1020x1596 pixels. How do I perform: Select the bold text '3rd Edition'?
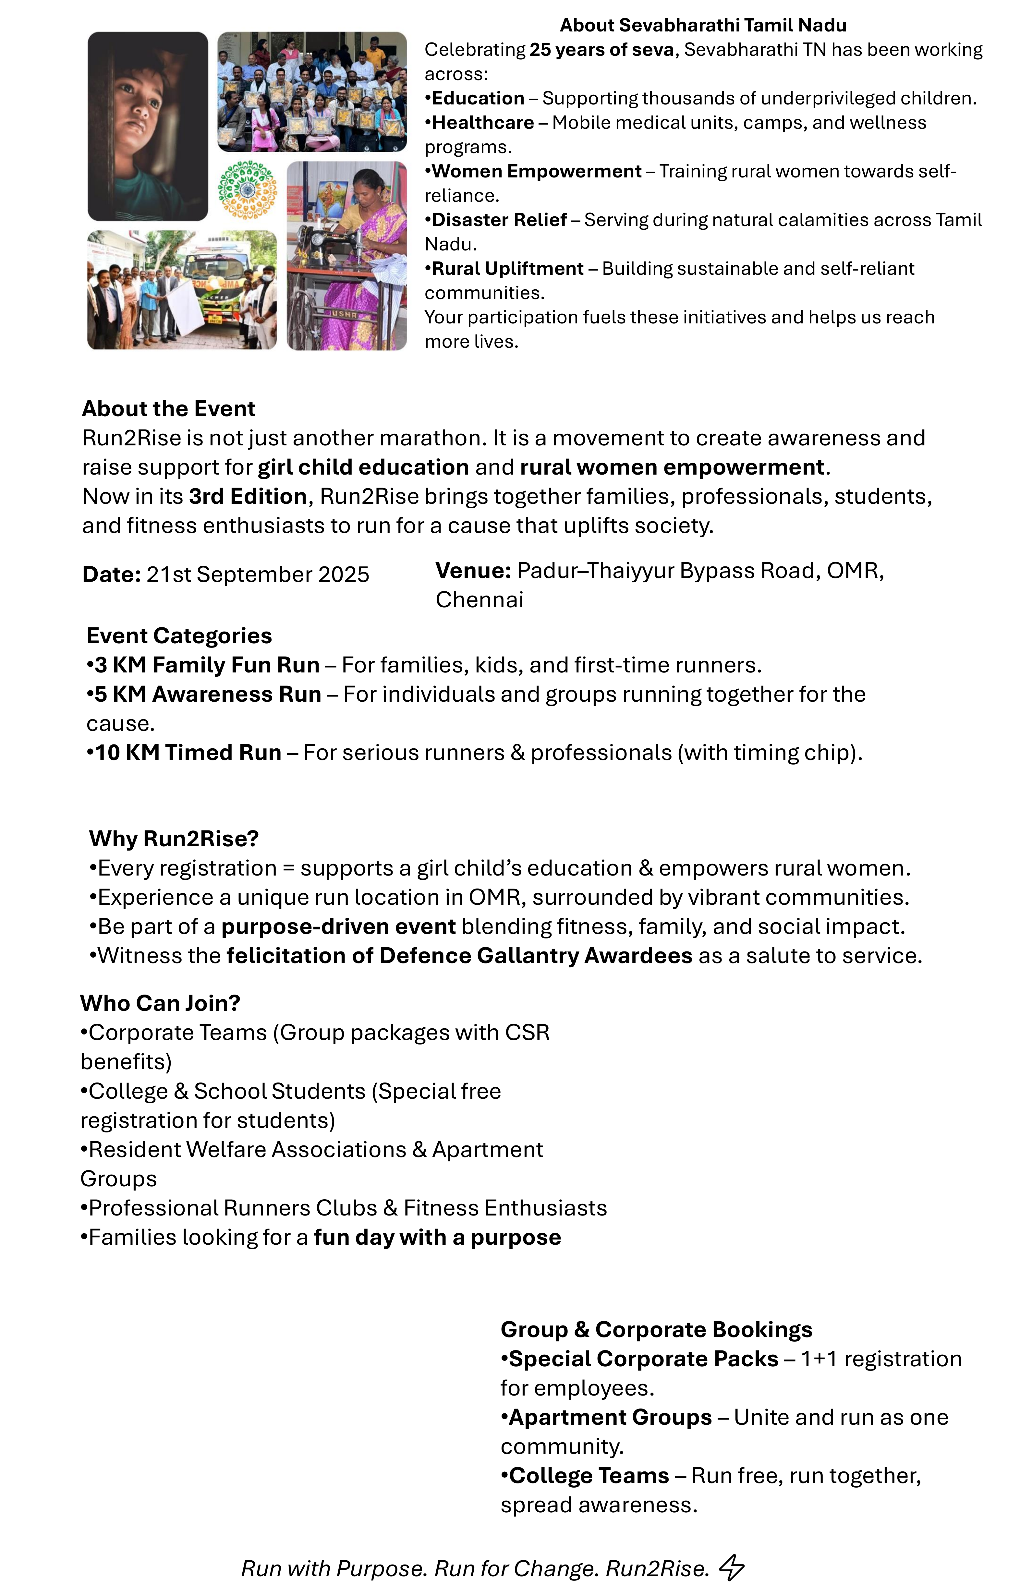[x=247, y=496]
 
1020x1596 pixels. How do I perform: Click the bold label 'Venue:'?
[x=473, y=571]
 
